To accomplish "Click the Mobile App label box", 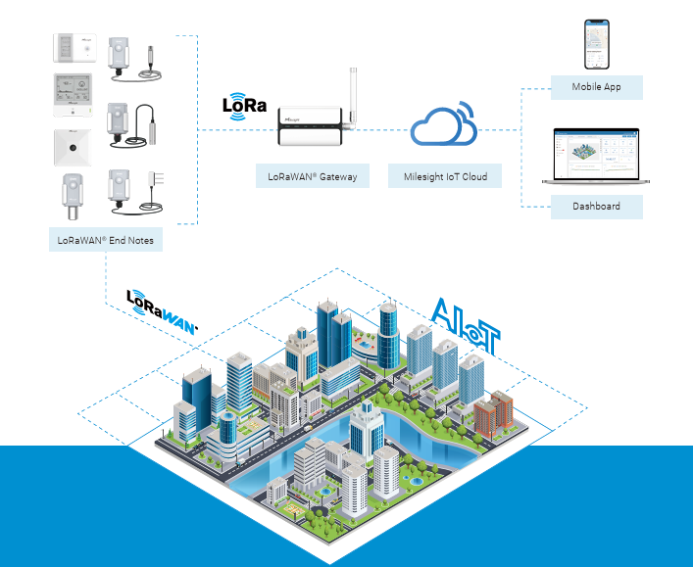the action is [x=596, y=87].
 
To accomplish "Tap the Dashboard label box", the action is [x=596, y=207].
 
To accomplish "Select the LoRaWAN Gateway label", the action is [x=313, y=176].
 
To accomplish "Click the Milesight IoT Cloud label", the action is [x=445, y=176].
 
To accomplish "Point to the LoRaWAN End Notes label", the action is [x=106, y=240].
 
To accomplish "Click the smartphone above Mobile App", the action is [x=597, y=44].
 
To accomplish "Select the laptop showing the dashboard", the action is [x=596, y=156].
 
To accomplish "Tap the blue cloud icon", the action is [x=444, y=123].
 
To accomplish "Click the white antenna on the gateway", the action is [x=352, y=98].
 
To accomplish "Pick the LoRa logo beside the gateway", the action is [x=244, y=106].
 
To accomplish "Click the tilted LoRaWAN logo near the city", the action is [x=162, y=312].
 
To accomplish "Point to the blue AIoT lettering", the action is [x=466, y=326].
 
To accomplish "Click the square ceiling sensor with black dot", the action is [x=73, y=148].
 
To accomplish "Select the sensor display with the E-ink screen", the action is [x=73, y=95].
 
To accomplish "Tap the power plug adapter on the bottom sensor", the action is [x=156, y=179].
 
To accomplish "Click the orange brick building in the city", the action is [x=493, y=413].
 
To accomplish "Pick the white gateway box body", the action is [x=310, y=126].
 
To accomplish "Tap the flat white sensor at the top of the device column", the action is [x=74, y=48].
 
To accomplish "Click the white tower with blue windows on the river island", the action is [x=367, y=431].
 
